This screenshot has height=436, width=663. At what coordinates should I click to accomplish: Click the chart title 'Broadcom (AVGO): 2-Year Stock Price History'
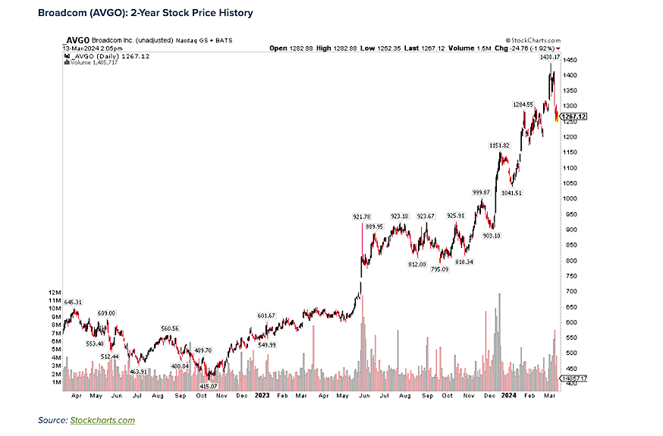point(146,13)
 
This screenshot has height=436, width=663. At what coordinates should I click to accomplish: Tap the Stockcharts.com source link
point(102,420)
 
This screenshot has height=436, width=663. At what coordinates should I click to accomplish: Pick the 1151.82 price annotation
point(498,145)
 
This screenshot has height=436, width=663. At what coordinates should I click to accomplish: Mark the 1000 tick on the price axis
point(571,198)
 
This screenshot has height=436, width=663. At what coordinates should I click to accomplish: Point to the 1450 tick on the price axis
point(571,60)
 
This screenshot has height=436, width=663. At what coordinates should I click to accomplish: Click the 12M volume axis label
point(53,292)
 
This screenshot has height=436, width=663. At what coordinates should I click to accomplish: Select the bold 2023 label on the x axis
point(262,395)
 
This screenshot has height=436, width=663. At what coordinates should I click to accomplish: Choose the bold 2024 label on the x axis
point(510,395)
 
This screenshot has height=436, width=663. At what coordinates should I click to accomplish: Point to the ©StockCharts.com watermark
point(532,40)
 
